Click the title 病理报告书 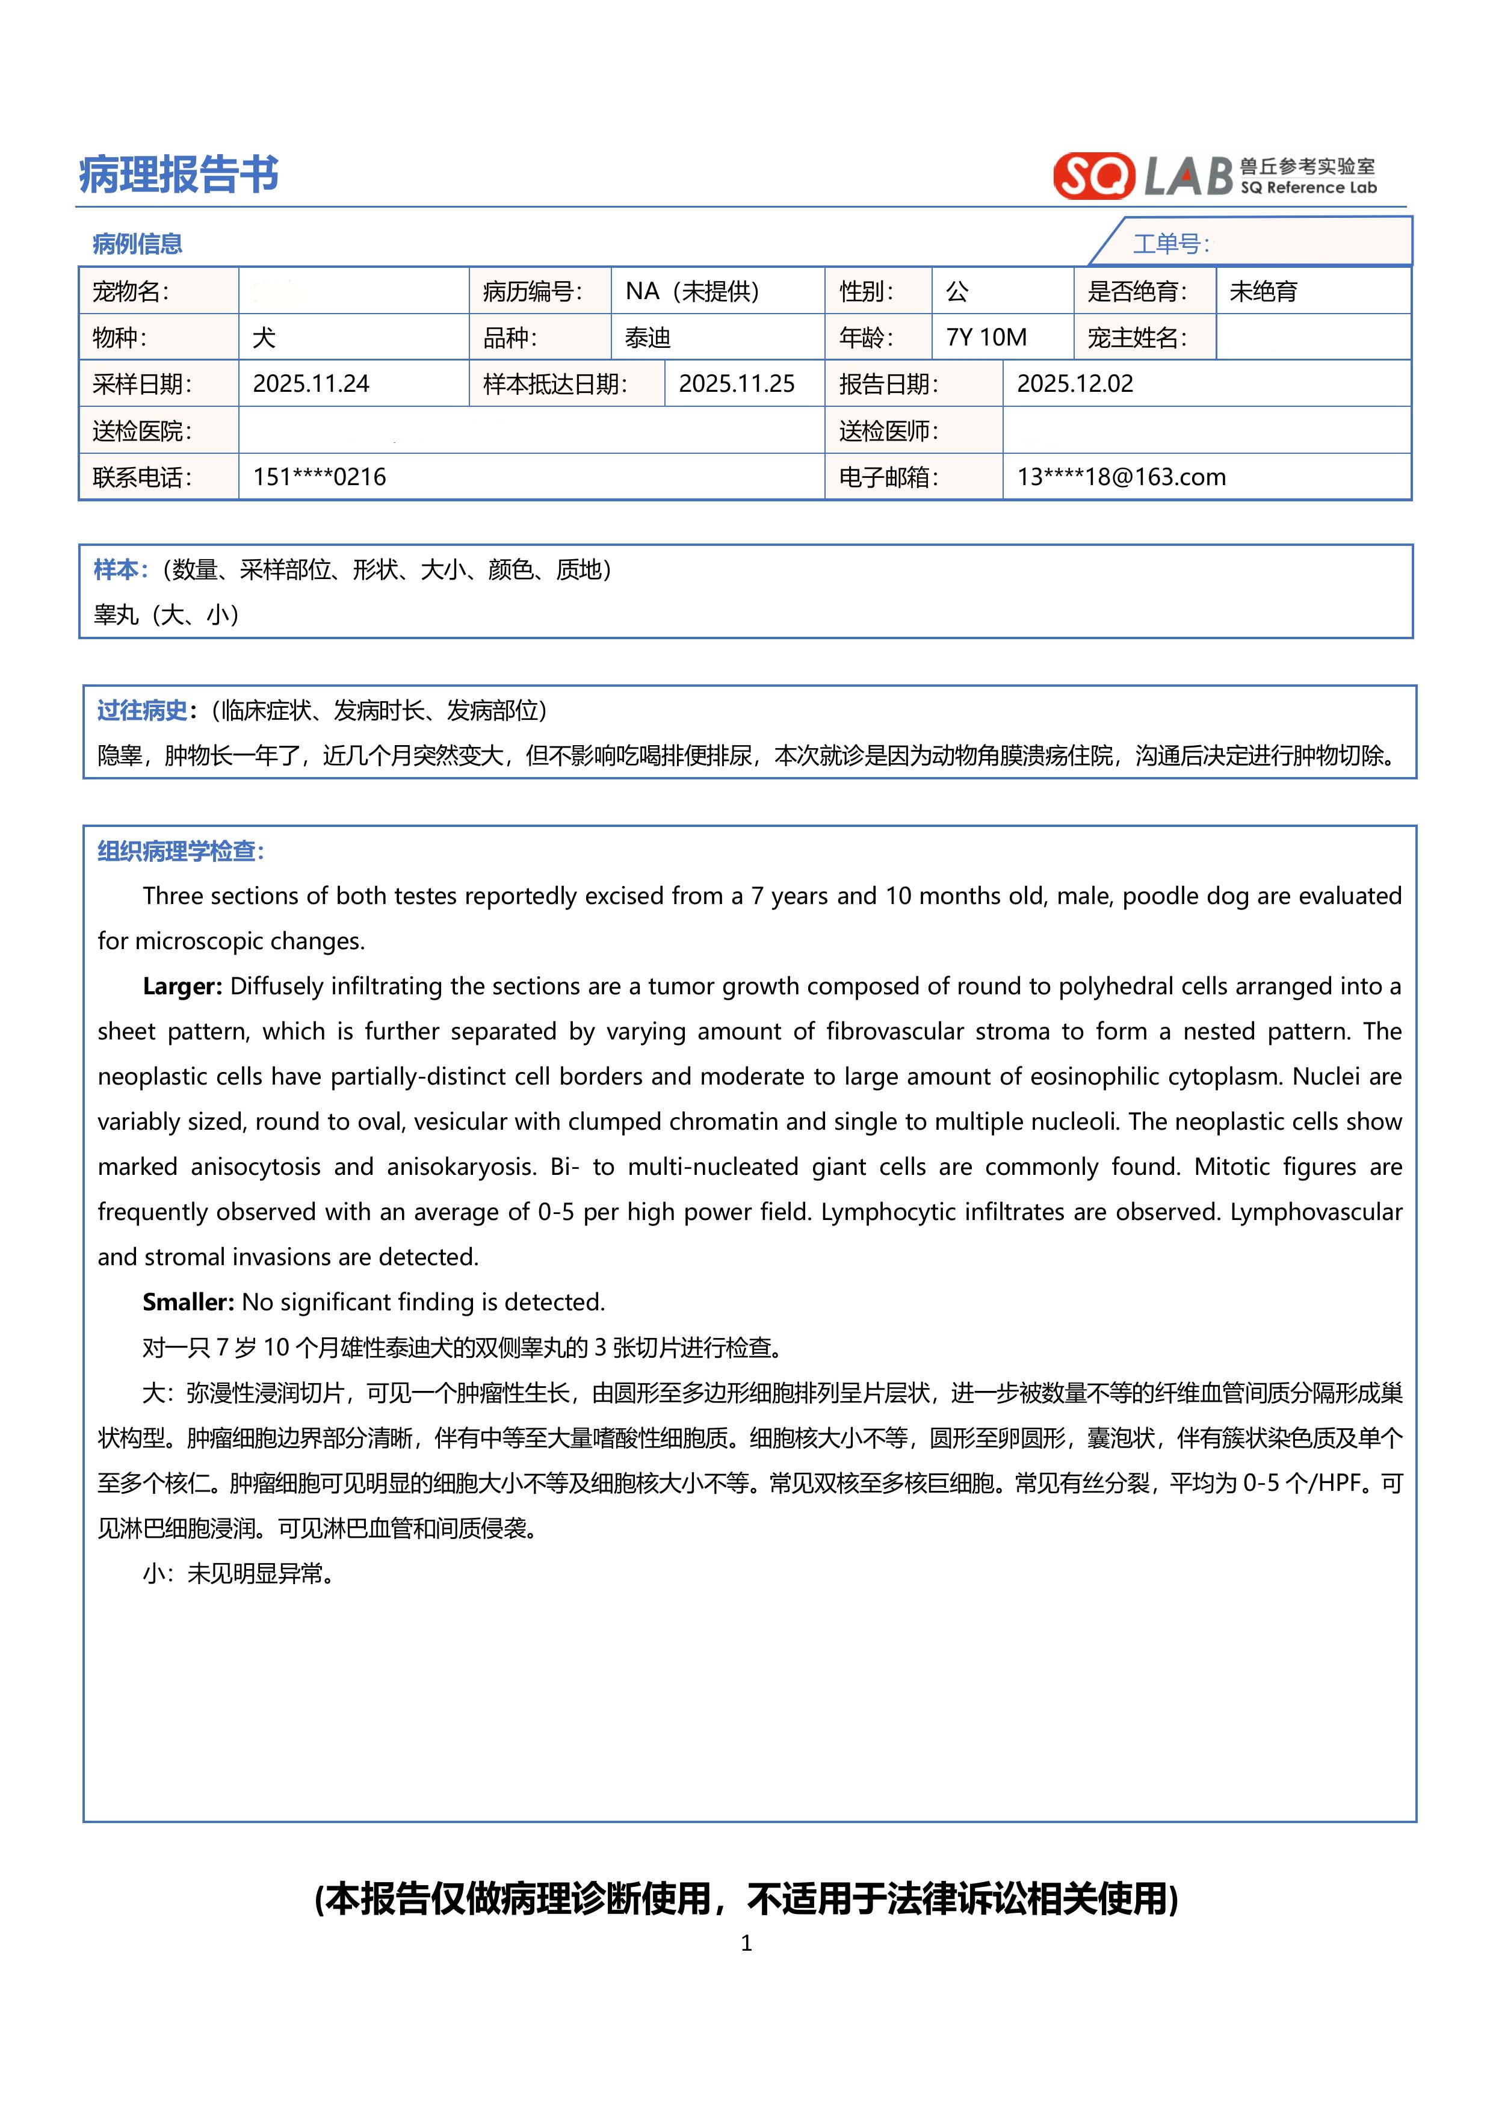[x=179, y=174]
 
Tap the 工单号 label [x=1170, y=244]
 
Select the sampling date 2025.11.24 [x=311, y=383]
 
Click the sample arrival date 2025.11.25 [x=736, y=383]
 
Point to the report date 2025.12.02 [x=1074, y=383]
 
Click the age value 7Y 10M [x=986, y=338]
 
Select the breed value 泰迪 [x=648, y=338]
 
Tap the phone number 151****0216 [x=319, y=477]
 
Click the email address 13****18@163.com [x=1121, y=477]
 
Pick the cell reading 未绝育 [x=1263, y=291]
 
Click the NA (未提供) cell [x=693, y=291]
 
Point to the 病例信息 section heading [x=137, y=244]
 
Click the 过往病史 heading [x=143, y=710]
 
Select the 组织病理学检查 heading [x=181, y=851]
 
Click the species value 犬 [x=264, y=338]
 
